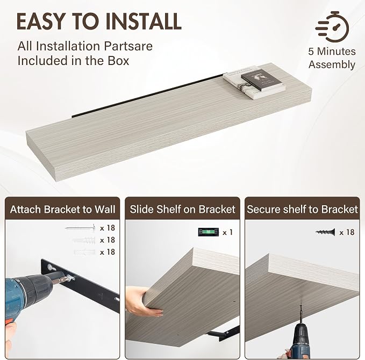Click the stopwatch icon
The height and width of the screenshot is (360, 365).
click(x=332, y=26)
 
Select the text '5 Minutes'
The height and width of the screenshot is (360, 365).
click(x=332, y=52)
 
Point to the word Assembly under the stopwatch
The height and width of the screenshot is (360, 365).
click(x=332, y=64)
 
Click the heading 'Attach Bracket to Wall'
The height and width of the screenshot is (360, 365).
click(x=62, y=209)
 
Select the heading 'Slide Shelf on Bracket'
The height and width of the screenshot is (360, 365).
click(x=183, y=209)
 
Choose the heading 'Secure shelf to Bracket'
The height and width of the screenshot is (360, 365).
click(x=302, y=209)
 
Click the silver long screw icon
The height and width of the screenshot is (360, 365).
click(x=81, y=228)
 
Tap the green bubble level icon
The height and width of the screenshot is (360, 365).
click(x=209, y=232)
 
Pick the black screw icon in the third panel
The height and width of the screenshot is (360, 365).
click(x=325, y=232)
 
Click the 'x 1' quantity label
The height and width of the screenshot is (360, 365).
click(x=227, y=232)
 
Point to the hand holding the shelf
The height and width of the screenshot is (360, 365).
click(x=142, y=301)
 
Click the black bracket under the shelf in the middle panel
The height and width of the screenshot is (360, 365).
click(x=224, y=333)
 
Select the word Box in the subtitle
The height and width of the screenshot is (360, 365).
click(x=118, y=61)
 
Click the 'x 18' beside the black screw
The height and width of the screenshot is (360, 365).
click(x=347, y=232)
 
